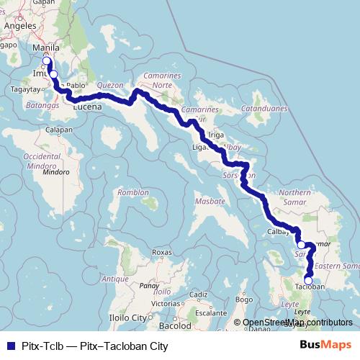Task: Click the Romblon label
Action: pos(133,192)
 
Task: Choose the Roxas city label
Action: pos(162,253)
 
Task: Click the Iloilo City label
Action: pos(130,317)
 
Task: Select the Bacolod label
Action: pos(175,326)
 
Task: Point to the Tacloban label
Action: pos(311,287)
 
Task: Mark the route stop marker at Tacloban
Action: pos(308,280)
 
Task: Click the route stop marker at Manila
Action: pos(48,61)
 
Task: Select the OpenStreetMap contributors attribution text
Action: pos(297,323)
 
